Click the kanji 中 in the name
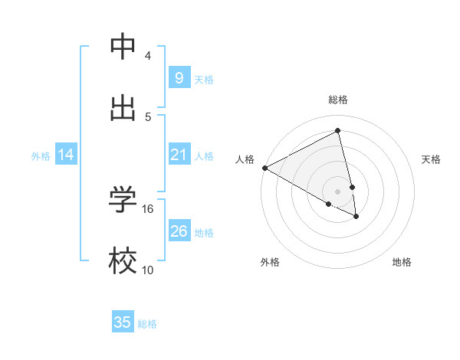pos(123,47)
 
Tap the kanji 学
pos(123,200)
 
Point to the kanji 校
pos(123,260)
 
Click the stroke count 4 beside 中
pos(148,56)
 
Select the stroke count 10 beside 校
pos(148,270)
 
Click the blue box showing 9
pos(179,77)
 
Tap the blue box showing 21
pos(179,155)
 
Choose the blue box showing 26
pos(179,231)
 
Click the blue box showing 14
pos(66,155)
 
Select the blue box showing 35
pos(123,322)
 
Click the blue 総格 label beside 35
pos(147,324)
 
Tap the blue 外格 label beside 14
pos(41,156)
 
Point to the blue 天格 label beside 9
pos(204,79)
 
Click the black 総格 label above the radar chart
pos(338,100)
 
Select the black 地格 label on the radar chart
pos(402,262)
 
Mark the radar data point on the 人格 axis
pos(264,168)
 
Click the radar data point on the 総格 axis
pos(338,131)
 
